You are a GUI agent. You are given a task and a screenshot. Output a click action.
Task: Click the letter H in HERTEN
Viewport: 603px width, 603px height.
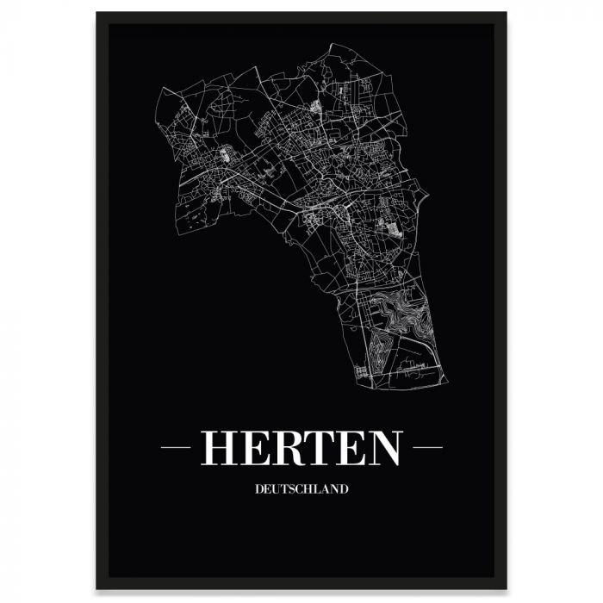pos(219,447)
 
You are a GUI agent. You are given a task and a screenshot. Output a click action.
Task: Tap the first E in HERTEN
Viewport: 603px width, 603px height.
pos(255,447)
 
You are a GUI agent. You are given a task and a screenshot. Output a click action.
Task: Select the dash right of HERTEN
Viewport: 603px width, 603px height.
pos(427,448)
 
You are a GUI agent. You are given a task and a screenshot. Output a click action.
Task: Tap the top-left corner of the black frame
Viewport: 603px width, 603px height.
pos(97,13)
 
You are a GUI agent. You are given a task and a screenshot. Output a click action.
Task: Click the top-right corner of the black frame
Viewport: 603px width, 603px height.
pos(506,13)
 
